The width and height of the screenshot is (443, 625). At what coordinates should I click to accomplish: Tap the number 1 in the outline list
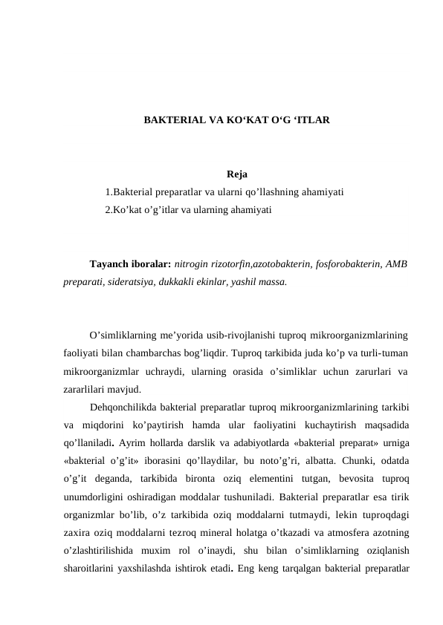pyautogui.click(x=108, y=192)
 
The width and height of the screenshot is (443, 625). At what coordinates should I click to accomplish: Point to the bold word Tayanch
pyautogui.click(x=108, y=264)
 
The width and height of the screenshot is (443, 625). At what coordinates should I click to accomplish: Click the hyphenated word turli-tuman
pyautogui.click(x=383, y=353)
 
